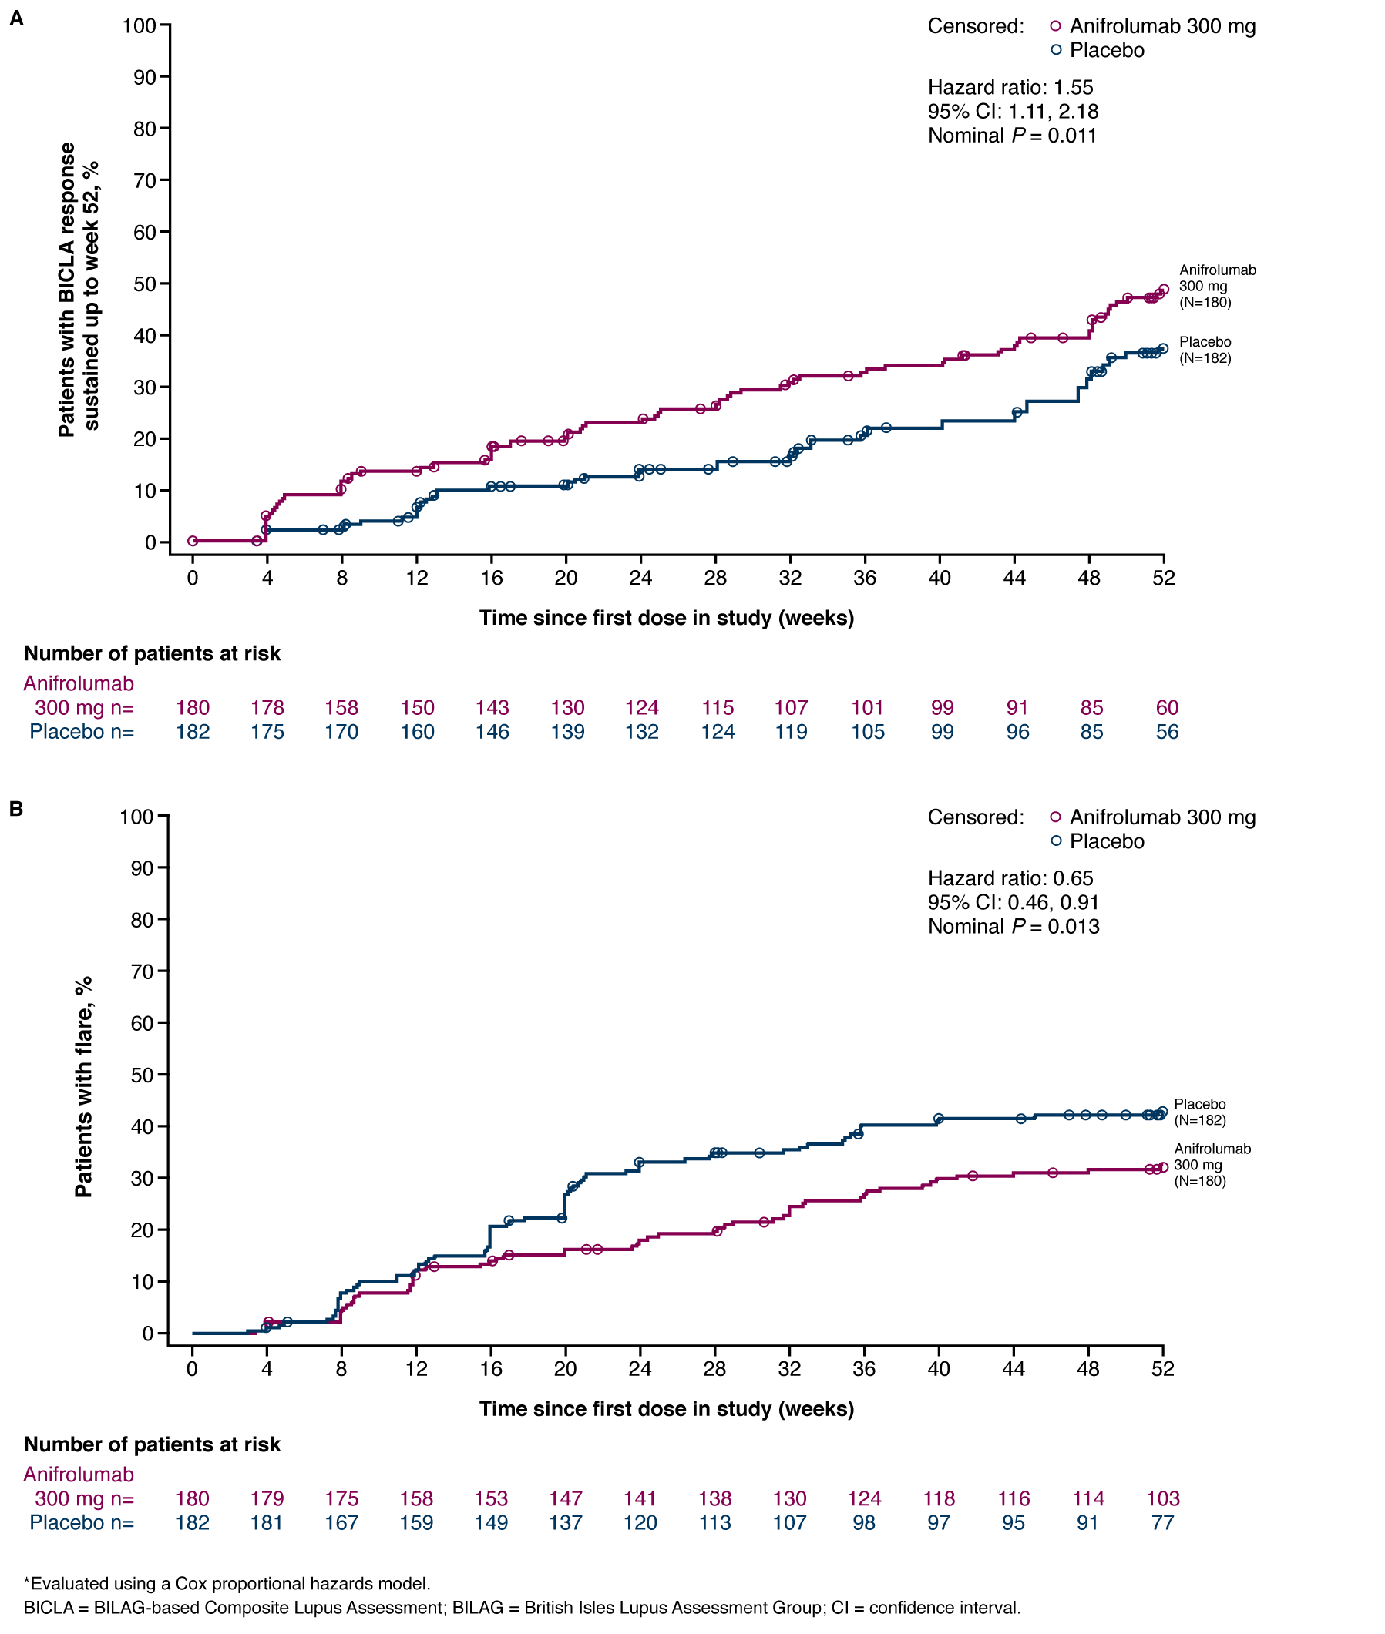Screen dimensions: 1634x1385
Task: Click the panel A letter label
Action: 16,18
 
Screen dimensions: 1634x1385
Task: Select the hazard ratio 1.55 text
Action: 1010,87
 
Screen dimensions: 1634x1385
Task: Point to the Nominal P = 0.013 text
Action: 1013,926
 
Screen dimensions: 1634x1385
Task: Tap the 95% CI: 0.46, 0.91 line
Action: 1013,902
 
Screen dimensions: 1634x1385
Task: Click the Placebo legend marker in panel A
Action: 1056,50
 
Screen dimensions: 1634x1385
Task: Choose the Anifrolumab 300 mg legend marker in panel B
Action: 1056,817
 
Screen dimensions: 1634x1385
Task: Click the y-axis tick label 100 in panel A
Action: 139,26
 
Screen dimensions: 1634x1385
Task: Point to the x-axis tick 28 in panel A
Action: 715,579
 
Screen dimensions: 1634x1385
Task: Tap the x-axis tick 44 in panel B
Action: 1014,1369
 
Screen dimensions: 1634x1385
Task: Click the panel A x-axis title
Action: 667,618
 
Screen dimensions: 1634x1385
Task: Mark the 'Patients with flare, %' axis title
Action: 83,1086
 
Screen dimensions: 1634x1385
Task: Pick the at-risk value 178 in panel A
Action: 267,708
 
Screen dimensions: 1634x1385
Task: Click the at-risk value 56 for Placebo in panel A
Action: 1167,732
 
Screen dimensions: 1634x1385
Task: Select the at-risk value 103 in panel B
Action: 1163,1498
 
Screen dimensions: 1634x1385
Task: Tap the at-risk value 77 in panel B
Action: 1163,1522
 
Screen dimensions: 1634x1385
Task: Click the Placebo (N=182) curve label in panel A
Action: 1205,350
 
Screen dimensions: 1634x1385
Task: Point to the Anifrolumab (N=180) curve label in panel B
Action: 1212,1165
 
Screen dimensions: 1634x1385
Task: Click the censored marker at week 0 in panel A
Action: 193,541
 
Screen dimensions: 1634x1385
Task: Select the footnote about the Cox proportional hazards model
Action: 227,1583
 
